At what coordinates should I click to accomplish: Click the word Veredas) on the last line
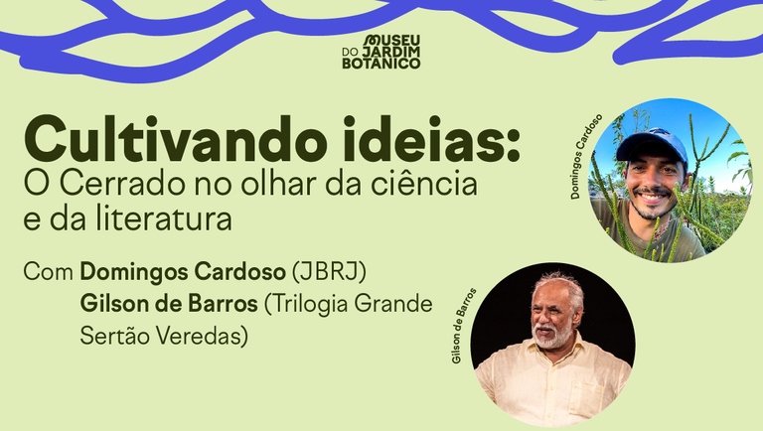(x=202, y=337)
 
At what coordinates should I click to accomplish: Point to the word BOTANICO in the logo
(x=381, y=63)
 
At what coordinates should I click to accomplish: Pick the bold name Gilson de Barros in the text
(x=163, y=304)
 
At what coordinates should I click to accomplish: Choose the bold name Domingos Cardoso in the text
(x=183, y=271)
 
